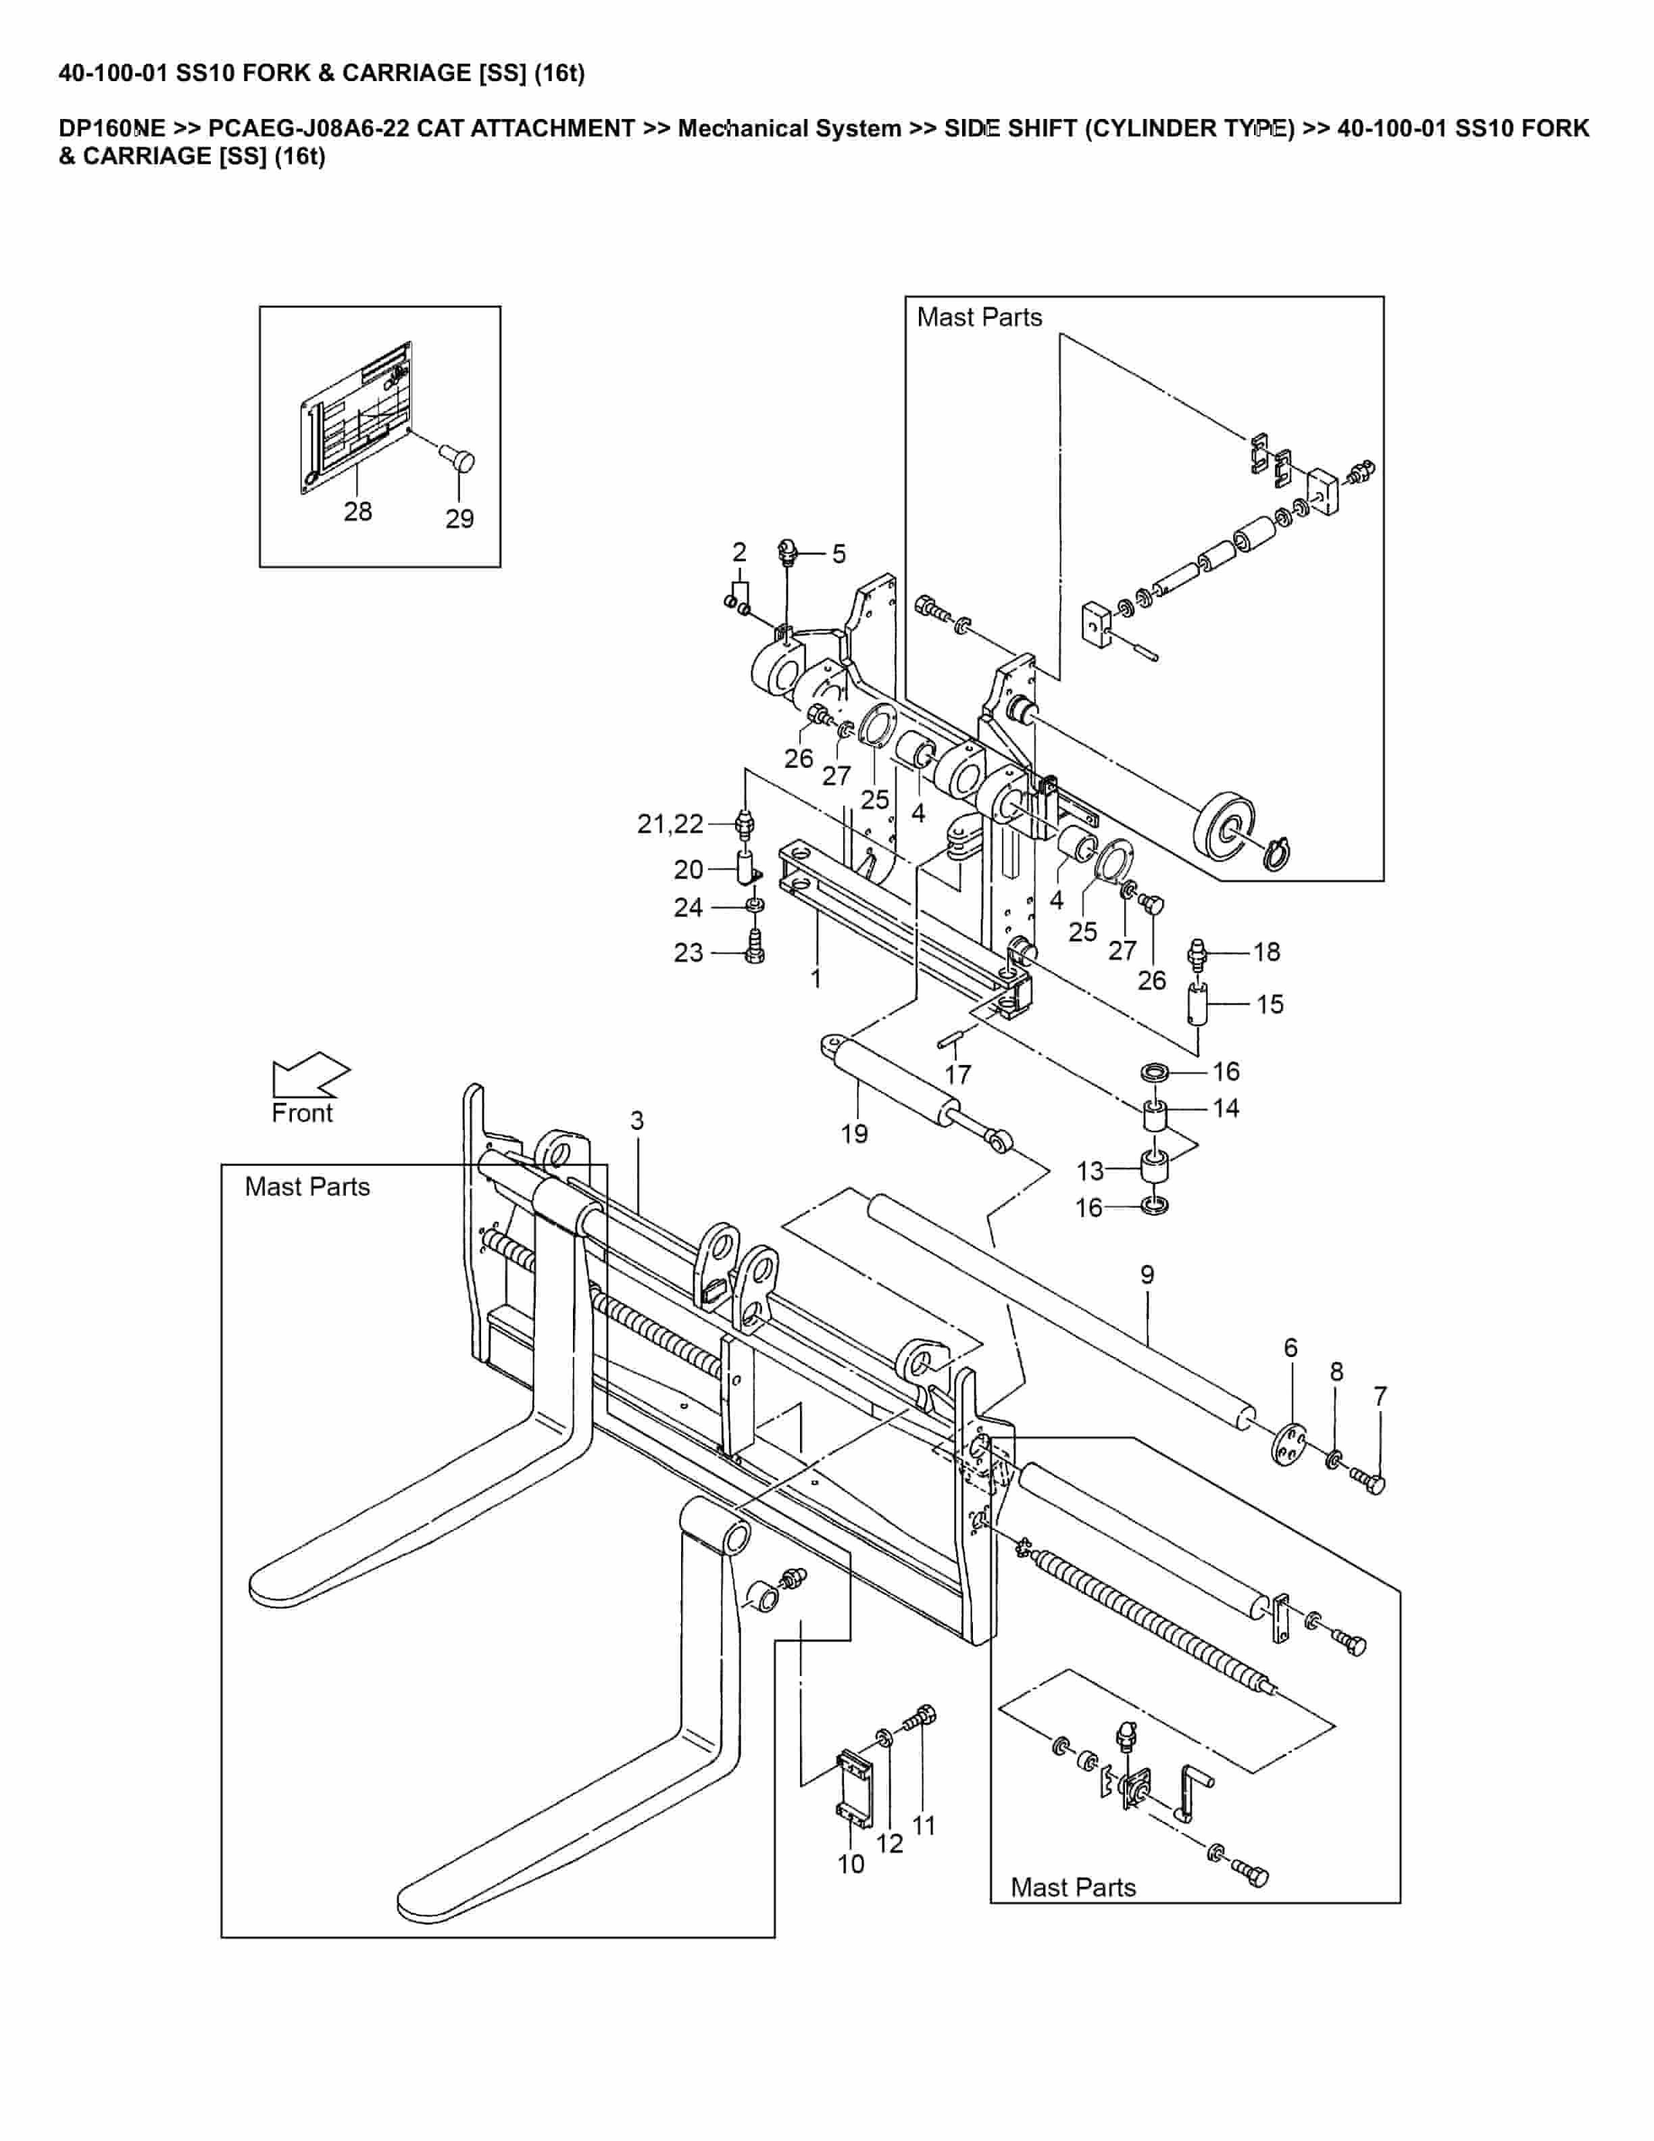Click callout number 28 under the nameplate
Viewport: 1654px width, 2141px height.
pos(357,511)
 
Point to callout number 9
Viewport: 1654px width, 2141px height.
pos(1147,1275)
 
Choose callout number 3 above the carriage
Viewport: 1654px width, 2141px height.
pos(637,1121)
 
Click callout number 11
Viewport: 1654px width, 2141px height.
pos(924,1825)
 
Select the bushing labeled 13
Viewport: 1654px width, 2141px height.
pos(1156,1168)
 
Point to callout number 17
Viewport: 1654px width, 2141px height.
pos(957,1075)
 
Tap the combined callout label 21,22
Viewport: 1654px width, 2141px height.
pos(670,825)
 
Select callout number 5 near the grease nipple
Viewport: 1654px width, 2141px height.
pos(838,554)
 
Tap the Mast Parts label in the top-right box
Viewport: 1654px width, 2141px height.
pos(979,318)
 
